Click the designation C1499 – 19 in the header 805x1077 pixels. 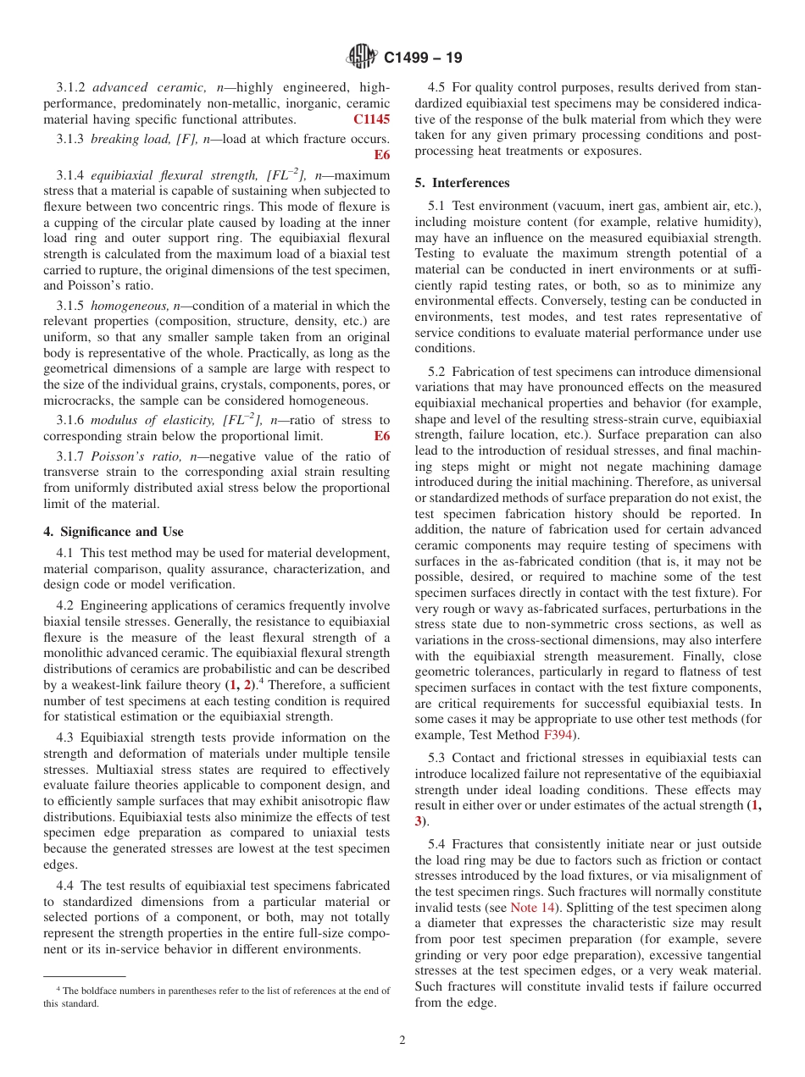[x=422, y=58]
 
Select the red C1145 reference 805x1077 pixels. [x=371, y=119]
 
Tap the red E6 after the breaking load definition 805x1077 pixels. [x=381, y=155]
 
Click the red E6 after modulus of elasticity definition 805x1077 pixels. [x=381, y=436]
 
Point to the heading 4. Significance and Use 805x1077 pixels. [x=114, y=532]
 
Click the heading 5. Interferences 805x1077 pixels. [x=462, y=183]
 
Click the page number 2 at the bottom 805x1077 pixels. [x=402, y=1041]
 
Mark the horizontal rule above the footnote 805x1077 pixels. [x=84, y=976]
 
